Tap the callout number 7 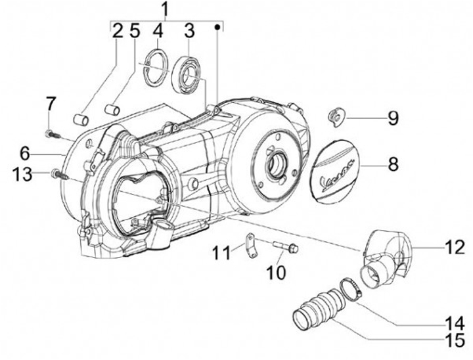tap(51, 104)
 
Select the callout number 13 tap(22, 175)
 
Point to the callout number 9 tap(393, 118)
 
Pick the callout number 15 tap(455, 340)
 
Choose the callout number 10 tap(276, 273)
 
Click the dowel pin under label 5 tap(112, 109)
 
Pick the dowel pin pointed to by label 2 tap(81, 120)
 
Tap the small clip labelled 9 tap(336, 118)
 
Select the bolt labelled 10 tap(286, 246)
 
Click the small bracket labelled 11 tap(251, 246)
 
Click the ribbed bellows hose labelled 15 tap(317, 308)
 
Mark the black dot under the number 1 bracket tap(217, 28)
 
